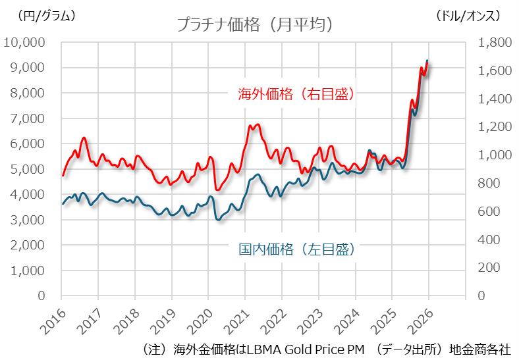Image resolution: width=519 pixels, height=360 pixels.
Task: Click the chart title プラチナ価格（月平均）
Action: (x=254, y=24)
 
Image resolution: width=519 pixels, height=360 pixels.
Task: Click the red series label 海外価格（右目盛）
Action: (x=296, y=94)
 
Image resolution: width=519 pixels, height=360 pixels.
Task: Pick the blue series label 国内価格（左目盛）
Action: (x=296, y=249)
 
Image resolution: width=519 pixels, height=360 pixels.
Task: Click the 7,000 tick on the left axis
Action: (x=28, y=118)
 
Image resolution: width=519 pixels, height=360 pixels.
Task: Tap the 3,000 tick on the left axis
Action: (x=28, y=220)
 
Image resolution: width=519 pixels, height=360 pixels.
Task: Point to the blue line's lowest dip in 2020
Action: (x=218, y=219)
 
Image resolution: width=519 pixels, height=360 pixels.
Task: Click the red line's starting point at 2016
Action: (x=63, y=176)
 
